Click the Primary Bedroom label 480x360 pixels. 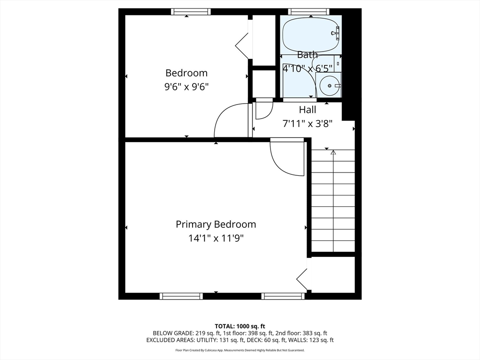(x=216, y=225)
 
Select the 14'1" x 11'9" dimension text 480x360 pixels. (x=216, y=238)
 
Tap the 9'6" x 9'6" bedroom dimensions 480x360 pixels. (x=187, y=87)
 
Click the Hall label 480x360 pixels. (x=307, y=110)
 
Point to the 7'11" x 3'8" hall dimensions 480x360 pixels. (x=307, y=124)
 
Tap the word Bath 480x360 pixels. (x=307, y=55)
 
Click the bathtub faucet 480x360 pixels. (x=336, y=33)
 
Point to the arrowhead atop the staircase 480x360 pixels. (x=333, y=152)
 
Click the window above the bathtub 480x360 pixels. (x=309, y=12)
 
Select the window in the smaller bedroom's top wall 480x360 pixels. (x=191, y=12)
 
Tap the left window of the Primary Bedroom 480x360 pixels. (x=181, y=296)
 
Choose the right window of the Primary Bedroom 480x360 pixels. (x=283, y=296)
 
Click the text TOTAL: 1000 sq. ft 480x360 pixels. (x=240, y=326)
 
